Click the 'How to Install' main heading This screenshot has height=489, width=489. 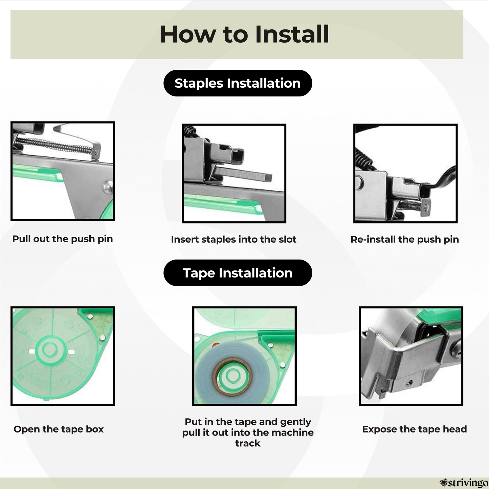244,34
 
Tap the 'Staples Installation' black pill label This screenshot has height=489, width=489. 238,83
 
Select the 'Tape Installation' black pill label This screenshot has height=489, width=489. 238,273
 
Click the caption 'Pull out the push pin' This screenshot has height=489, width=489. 62,239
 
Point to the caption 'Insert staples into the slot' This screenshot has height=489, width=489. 234,239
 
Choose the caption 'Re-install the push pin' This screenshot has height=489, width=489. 405,239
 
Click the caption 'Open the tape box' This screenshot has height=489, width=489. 59,429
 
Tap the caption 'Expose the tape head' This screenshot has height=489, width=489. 415,429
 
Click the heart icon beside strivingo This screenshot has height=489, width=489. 443,482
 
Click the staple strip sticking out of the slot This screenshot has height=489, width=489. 242,174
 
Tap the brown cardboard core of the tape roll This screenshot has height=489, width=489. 232,376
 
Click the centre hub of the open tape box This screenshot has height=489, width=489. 50,350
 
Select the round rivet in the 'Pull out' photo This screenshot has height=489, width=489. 108,187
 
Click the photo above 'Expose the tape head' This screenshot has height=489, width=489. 411,356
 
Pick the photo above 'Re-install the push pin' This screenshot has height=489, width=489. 405,174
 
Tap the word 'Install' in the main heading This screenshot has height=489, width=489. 292,34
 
